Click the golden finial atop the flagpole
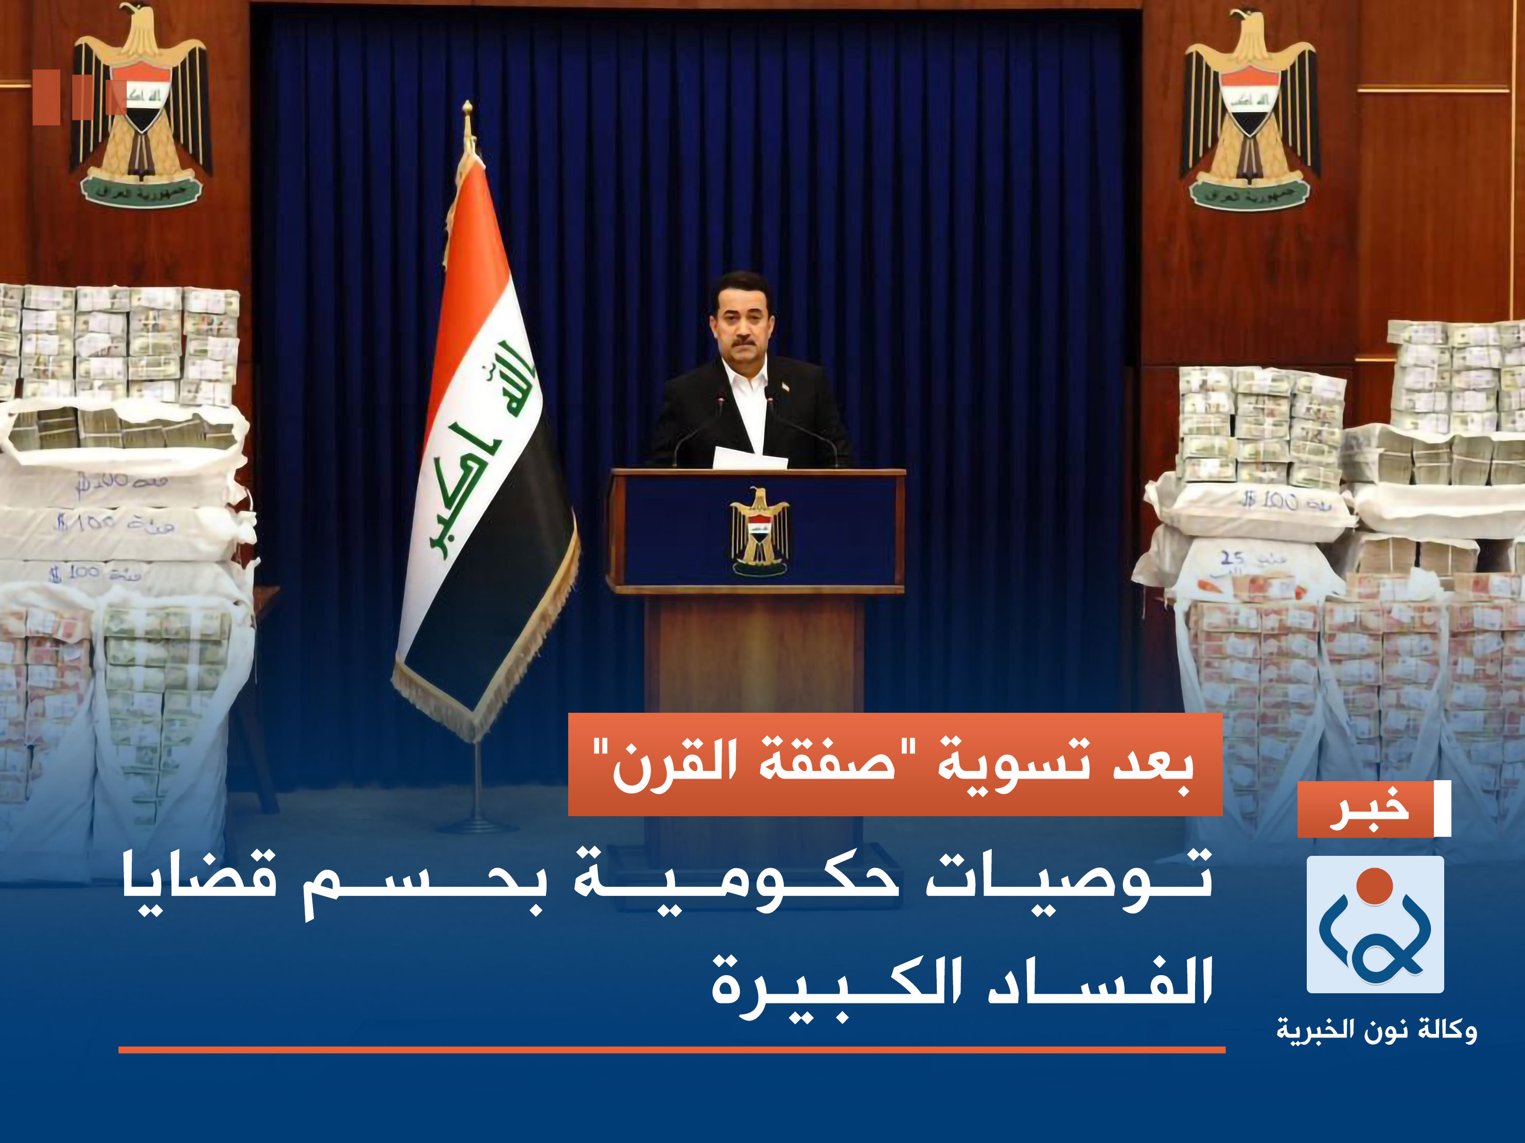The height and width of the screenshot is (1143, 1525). [x=467, y=110]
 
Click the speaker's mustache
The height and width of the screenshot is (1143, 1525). [x=743, y=341]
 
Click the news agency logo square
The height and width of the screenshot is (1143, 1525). [x=1375, y=924]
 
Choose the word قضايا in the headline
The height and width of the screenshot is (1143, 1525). [x=200, y=883]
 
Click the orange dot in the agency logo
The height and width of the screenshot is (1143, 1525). [x=1375, y=886]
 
